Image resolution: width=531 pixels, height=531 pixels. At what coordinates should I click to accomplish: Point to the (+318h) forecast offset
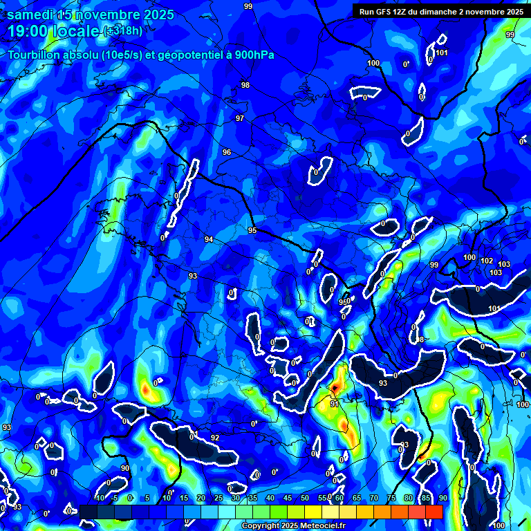coord(123,31)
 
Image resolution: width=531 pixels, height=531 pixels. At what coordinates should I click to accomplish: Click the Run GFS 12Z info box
coord(441,11)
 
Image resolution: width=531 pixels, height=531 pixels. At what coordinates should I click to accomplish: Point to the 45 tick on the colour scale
coord(287,499)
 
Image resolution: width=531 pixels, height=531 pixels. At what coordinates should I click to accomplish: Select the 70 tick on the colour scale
coord(373,499)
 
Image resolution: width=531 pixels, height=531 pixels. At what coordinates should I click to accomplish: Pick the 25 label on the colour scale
coord(218,499)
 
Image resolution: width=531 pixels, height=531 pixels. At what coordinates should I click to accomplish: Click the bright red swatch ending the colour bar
coord(434,511)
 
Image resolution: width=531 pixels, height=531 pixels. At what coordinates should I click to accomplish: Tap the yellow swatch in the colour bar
coord(313,511)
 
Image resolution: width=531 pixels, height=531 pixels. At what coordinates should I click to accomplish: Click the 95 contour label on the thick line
coord(252,230)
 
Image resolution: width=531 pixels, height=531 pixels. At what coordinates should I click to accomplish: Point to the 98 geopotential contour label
coord(245,85)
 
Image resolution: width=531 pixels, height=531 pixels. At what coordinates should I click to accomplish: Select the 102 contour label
coord(487,261)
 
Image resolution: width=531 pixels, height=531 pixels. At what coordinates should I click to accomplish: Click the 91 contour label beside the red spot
coord(335,404)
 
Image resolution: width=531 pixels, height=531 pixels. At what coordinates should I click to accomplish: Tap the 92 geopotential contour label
coord(215,438)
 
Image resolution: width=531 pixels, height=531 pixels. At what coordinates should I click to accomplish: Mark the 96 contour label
coord(227,152)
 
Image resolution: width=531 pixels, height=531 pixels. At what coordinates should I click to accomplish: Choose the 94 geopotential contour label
coord(209,239)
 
